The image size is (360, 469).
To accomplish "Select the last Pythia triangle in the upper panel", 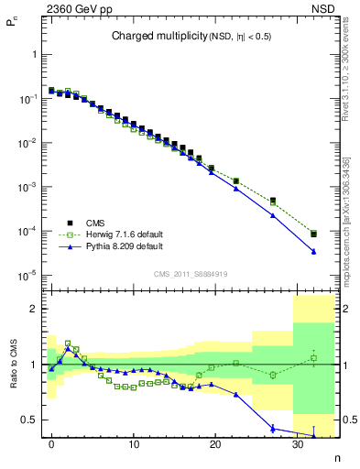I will tap(314, 251).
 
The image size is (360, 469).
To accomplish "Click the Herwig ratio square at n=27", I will tap(273, 375).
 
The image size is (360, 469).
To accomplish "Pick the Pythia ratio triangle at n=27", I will tap(273, 428).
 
